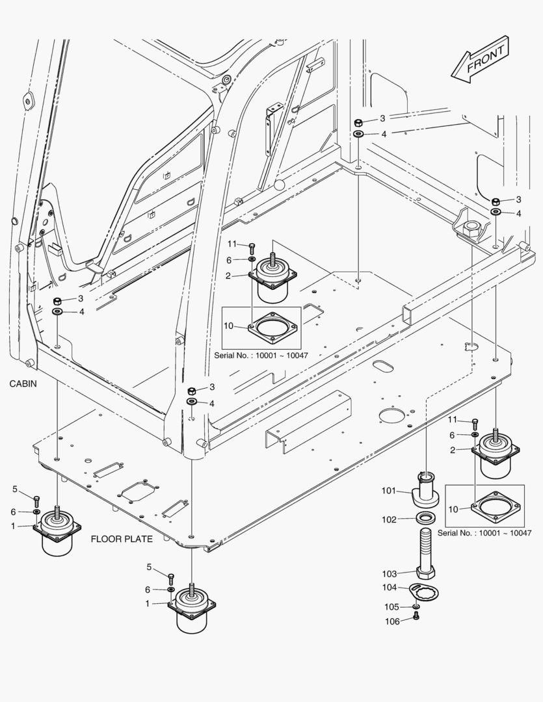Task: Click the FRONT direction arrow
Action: [x=481, y=60]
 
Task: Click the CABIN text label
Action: [x=23, y=384]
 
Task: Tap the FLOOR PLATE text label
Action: [x=122, y=539]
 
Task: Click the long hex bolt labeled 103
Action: [x=425, y=552]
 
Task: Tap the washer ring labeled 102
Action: [x=426, y=519]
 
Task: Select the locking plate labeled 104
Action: [x=427, y=593]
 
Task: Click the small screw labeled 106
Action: [x=417, y=616]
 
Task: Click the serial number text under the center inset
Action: [x=261, y=356]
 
